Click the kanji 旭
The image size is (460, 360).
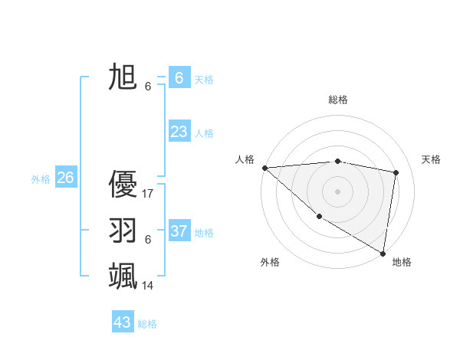123,77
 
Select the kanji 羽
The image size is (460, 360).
123,230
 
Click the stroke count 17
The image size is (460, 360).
148,194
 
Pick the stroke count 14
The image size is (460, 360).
148,286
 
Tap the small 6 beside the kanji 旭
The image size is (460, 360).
148,87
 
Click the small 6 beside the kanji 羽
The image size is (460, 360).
148,240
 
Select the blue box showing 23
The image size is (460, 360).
179,132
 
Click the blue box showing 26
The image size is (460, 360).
65,178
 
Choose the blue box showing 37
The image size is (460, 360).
179,231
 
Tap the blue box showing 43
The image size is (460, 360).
123,322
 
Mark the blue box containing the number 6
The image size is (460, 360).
179,77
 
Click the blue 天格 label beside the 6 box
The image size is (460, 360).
204,80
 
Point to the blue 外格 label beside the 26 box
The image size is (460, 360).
41,179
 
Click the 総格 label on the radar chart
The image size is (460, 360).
338,100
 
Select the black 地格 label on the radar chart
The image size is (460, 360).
402,262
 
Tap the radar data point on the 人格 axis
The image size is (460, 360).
264,168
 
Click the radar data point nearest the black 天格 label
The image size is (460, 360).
396,172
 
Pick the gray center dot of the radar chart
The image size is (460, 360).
338,191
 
